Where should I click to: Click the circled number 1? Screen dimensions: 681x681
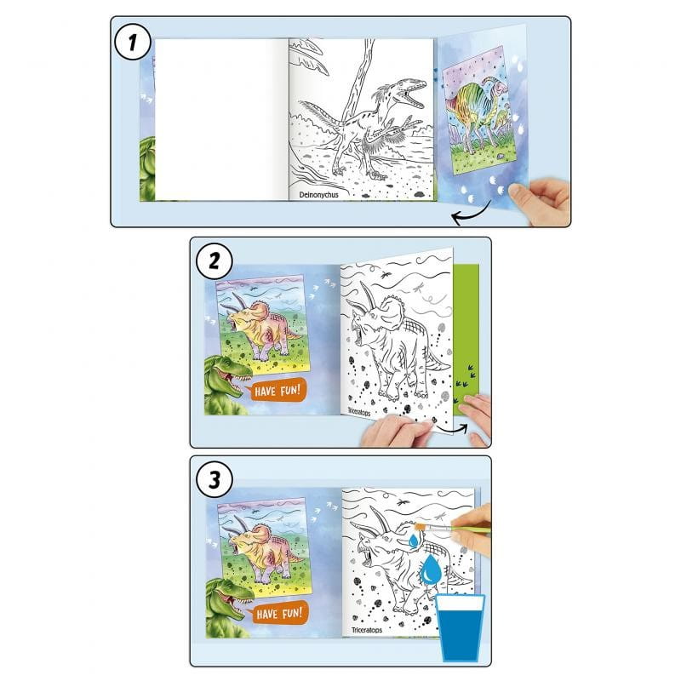133,42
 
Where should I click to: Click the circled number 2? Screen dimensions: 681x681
215,261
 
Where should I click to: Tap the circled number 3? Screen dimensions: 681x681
215,480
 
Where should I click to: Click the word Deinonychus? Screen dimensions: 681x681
318,195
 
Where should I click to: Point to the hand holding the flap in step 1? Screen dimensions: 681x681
541,201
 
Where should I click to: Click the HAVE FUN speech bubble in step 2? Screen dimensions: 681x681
276,390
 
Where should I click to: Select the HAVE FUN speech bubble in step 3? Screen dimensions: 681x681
278,613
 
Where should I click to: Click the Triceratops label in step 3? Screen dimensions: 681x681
367,630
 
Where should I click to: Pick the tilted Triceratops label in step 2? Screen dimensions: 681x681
358,411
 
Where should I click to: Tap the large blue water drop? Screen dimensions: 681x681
431,569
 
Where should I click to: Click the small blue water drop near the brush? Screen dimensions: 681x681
414,541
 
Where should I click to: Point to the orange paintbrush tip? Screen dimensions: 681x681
420,527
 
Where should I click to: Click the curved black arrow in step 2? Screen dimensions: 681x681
453,429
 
